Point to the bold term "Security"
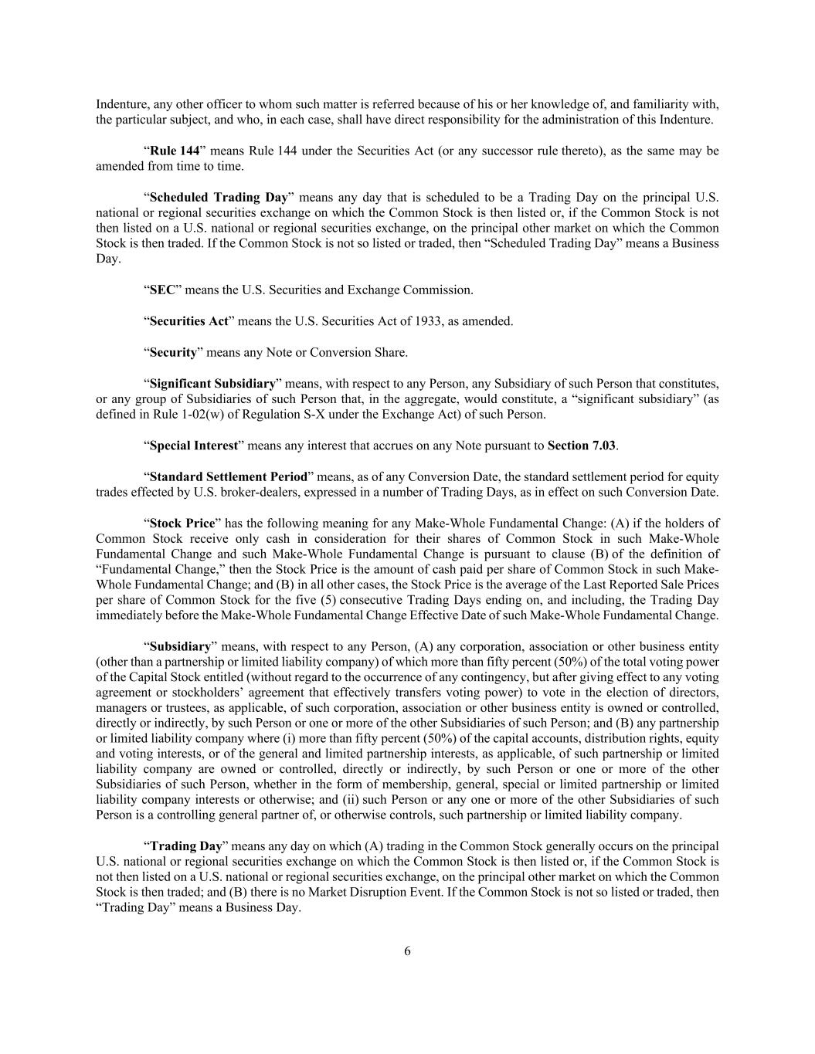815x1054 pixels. (173, 352)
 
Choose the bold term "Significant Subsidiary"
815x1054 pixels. (212, 383)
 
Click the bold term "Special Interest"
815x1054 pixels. (193, 446)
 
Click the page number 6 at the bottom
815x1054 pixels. (407, 951)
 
